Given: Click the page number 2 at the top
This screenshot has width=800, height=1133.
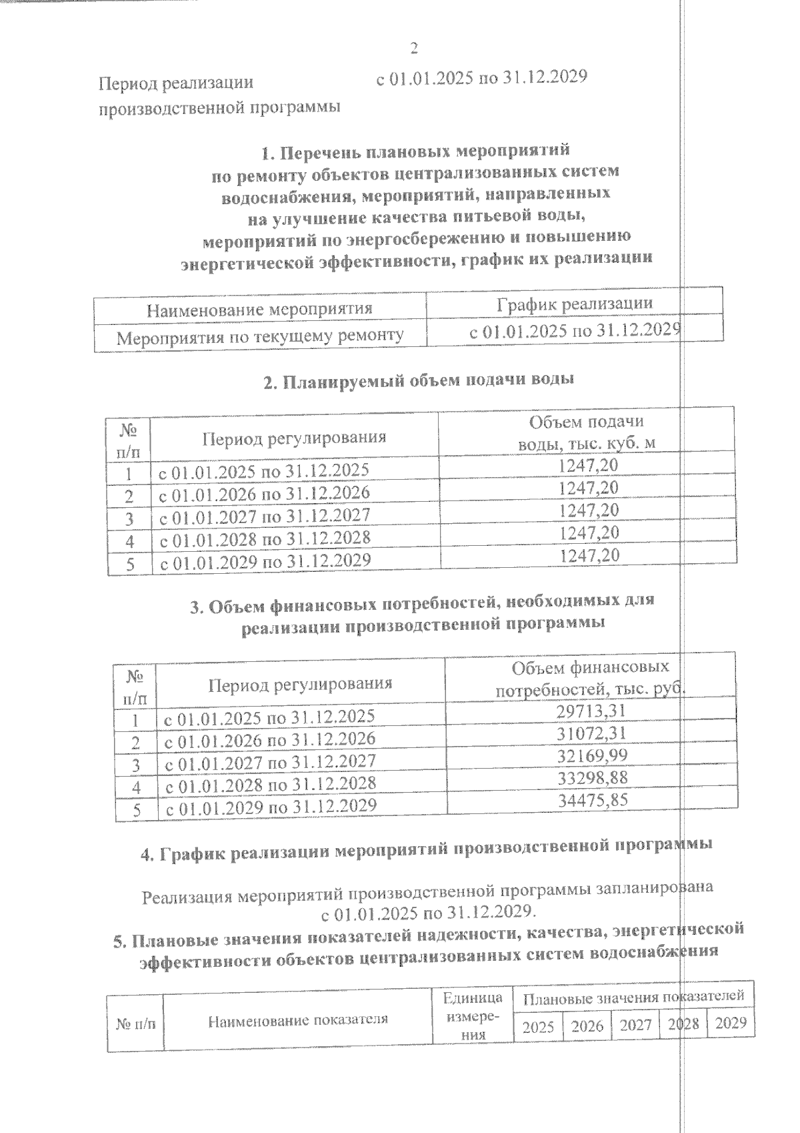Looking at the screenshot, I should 413,48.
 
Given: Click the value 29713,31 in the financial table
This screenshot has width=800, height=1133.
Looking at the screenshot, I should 591,711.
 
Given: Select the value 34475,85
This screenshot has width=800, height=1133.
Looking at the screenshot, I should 593,799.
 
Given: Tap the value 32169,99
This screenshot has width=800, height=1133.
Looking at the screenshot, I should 592,755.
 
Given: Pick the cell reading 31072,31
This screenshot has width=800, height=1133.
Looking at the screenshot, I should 591,733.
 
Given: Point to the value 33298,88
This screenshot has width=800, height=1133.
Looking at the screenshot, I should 593,777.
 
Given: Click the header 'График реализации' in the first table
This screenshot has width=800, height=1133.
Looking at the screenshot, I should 574,304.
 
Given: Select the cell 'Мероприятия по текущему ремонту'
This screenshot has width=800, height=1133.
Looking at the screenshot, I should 260,336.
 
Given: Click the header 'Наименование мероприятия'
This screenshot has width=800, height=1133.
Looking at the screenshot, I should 259,309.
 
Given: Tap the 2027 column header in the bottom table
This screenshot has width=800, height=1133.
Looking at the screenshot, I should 635,1025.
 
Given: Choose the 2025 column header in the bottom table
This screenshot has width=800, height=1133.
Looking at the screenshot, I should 537,1026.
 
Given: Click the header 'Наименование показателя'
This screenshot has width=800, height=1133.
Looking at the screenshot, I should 297,1020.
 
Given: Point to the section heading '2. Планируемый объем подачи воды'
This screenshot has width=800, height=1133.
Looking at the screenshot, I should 418,381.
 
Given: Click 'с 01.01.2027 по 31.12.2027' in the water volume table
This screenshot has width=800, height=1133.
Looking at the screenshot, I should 264,516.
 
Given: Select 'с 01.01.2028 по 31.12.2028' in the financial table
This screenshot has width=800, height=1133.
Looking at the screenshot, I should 271,783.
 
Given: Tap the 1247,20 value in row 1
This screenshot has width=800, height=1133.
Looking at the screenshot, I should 588,465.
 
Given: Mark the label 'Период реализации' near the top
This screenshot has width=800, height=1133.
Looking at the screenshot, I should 176,83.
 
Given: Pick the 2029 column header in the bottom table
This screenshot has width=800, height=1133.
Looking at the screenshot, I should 731,1023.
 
